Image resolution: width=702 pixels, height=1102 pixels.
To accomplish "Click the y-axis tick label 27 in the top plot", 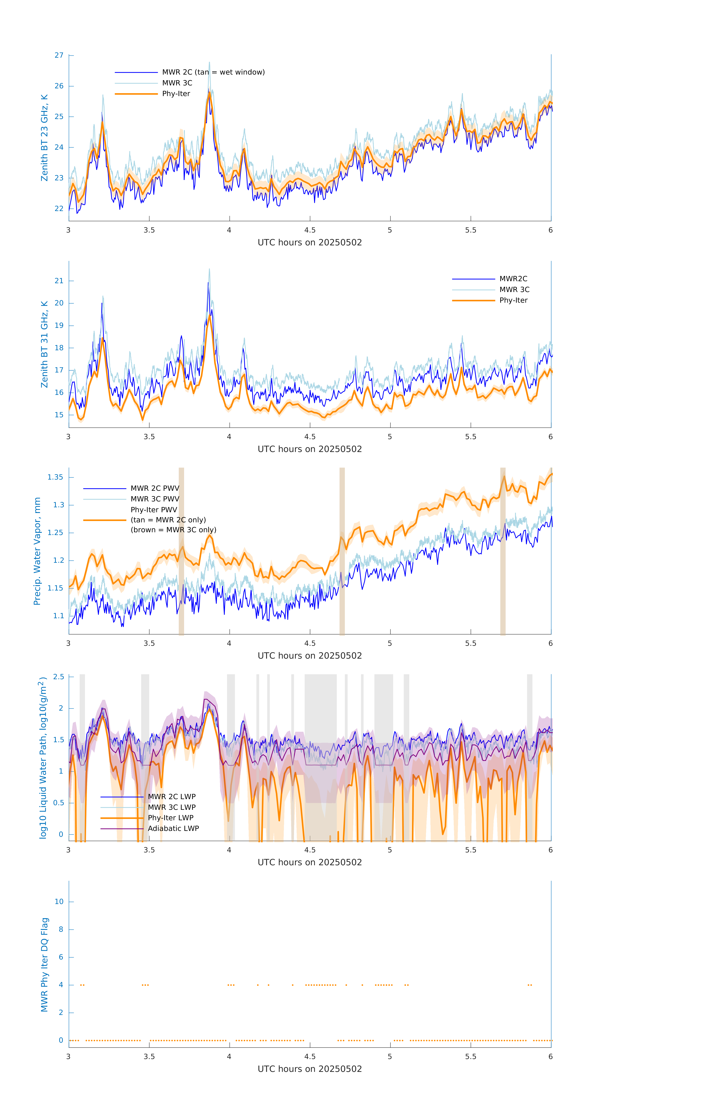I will click(59, 55).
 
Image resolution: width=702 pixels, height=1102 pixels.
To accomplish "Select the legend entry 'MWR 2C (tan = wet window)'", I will click(213, 72).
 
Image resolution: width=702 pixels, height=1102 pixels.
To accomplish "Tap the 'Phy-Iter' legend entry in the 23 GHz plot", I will click(176, 94).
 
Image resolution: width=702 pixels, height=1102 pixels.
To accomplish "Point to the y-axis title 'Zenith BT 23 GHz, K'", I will click(44, 138).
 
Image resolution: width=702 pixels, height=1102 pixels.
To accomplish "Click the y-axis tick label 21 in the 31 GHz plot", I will click(59, 281).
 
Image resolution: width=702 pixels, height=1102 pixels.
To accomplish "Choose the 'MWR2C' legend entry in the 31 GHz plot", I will click(513, 279).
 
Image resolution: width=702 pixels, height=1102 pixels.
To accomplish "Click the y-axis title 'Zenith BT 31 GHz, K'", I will click(44, 344).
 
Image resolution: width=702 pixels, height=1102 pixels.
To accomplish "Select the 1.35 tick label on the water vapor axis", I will click(55, 477).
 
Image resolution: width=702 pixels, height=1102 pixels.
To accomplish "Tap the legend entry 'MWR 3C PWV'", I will click(155, 499).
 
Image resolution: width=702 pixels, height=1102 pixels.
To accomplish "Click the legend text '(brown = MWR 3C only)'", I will click(173, 530).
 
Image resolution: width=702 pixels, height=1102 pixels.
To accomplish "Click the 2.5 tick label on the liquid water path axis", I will click(59, 677).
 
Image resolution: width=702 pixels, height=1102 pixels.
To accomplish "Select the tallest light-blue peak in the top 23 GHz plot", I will click(209, 63).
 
